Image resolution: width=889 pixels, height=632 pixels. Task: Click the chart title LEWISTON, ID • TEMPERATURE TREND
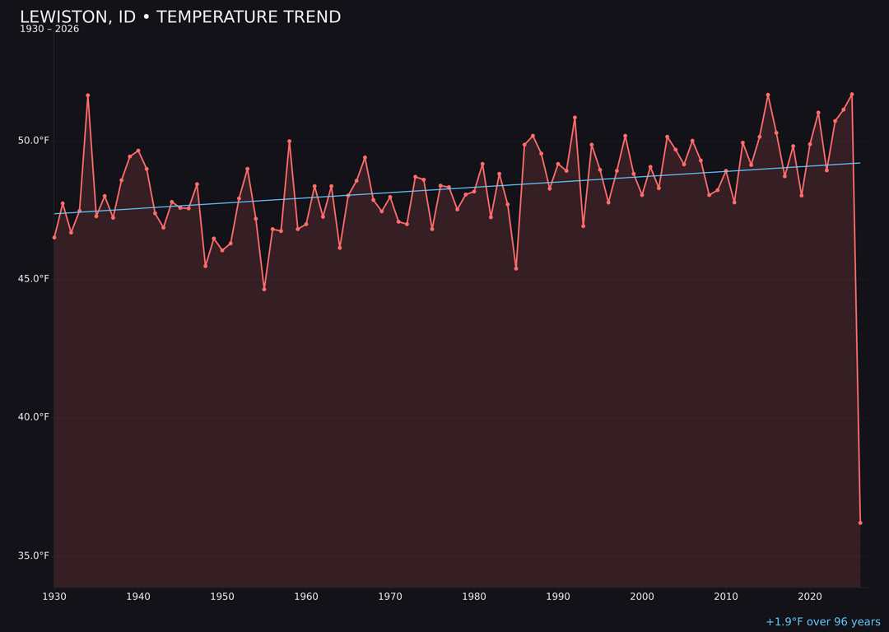pyautogui.click(x=180, y=17)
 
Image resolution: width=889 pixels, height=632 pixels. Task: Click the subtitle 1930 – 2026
pyautogui.click(x=49, y=30)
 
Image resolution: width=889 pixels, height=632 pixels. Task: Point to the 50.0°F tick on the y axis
pyautogui.click(x=34, y=141)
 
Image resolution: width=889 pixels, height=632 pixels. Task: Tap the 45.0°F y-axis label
pyautogui.click(x=34, y=279)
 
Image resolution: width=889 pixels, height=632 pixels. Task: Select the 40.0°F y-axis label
pyautogui.click(x=34, y=417)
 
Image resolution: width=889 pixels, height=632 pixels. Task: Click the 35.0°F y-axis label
pyautogui.click(x=34, y=555)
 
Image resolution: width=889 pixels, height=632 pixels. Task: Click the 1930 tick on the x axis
pyautogui.click(x=54, y=596)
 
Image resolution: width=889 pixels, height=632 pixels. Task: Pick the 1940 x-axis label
pyautogui.click(x=138, y=596)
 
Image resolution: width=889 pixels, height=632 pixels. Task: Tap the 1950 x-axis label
pyautogui.click(x=222, y=596)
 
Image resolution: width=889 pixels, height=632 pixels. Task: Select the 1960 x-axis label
pyautogui.click(x=306, y=596)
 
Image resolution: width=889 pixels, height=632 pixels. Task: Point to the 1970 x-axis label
pyautogui.click(x=390, y=596)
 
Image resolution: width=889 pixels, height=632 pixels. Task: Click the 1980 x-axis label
pyautogui.click(x=474, y=596)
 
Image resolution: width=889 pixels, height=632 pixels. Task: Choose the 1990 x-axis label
pyautogui.click(x=558, y=596)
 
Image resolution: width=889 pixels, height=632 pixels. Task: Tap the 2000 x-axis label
pyautogui.click(x=642, y=596)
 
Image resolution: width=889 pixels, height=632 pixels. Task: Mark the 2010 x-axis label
pyautogui.click(x=726, y=596)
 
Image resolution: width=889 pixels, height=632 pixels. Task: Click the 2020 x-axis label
pyautogui.click(x=810, y=596)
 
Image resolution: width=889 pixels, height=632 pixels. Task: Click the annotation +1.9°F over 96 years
pyautogui.click(x=822, y=622)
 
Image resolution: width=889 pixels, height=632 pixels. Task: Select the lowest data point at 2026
pyautogui.click(x=860, y=523)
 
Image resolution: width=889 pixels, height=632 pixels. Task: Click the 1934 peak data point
pyautogui.click(x=88, y=95)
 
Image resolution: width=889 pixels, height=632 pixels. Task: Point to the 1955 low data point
pyautogui.click(x=264, y=289)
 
